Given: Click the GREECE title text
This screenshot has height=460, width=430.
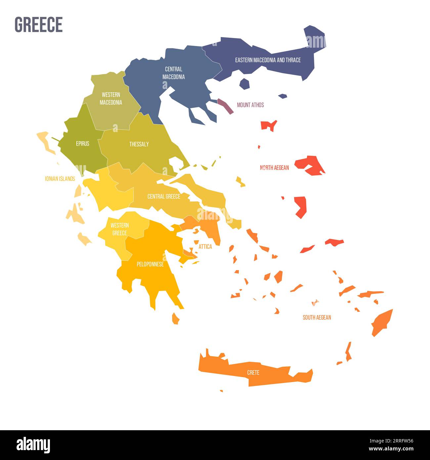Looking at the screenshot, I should (x=39, y=24).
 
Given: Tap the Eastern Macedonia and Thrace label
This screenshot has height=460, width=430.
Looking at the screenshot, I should (x=268, y=60).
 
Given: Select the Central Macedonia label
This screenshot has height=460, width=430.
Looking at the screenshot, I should (x=173, y=73).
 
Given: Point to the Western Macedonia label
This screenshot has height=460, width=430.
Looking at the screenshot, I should (x=111, y=99).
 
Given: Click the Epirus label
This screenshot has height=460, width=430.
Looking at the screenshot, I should (x=82, y=144).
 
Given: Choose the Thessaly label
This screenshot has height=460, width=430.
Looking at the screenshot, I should (x=139, y=144).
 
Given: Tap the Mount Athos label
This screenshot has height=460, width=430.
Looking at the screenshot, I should (x=250, y=105).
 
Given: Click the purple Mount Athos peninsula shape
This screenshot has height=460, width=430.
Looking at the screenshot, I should (x=225, y=106).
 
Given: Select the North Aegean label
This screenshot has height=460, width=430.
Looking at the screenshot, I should (x=274, y=168).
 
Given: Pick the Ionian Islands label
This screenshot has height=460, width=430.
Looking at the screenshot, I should (x=60, y=179).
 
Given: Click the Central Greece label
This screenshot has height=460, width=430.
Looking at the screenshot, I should (x=164, y=197).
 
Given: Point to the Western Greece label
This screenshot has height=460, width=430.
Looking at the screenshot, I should (x=120, y=229).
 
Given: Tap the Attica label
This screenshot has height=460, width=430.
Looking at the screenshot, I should (x=205, y=247).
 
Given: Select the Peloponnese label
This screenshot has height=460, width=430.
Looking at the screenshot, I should (x=150, y=264).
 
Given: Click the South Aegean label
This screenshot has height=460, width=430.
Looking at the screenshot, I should (x=317, y=317).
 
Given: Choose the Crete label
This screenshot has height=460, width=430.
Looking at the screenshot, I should (x=253, y=373).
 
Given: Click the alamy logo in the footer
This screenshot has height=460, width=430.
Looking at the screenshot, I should (x=33, y=445).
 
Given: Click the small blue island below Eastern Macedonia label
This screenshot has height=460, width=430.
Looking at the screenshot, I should (x=244, y=83).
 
